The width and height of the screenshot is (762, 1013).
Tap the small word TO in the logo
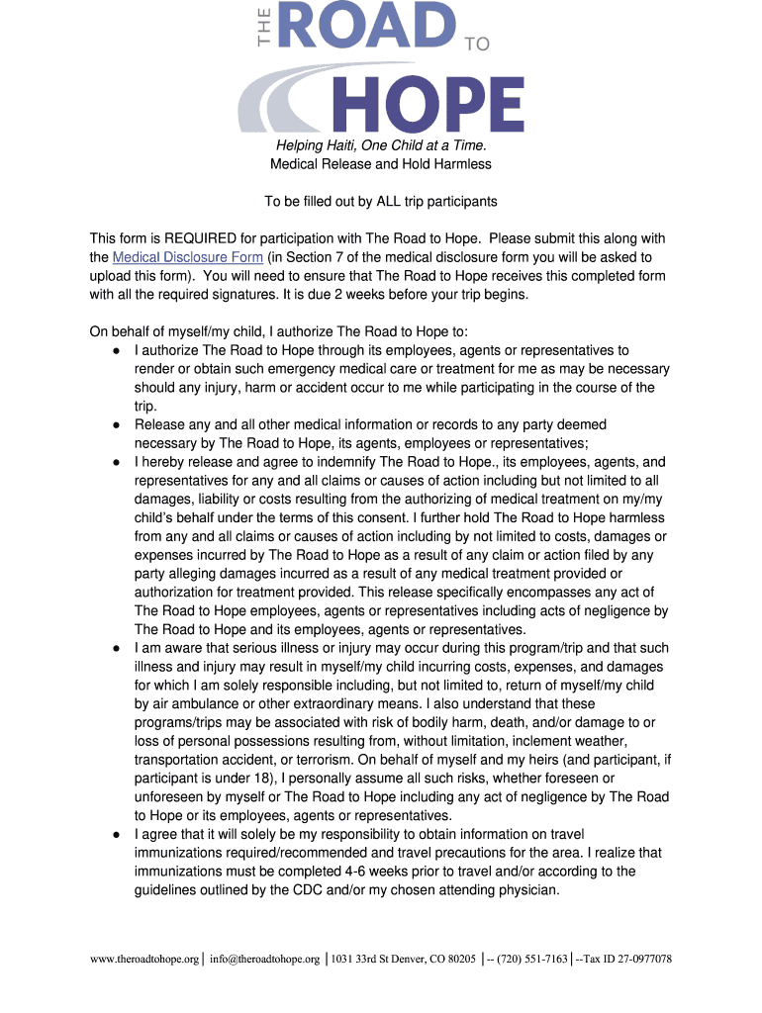[x=477, y=44]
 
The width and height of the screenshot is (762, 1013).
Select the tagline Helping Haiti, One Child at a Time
[x=381, y=145]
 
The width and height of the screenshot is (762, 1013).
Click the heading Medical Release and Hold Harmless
[x=381, y=163]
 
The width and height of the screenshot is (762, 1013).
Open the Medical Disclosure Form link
[x=188, y=257]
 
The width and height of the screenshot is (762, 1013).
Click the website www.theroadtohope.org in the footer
[x=144, y=959]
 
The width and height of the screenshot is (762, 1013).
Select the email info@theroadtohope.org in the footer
[x=264, y=959]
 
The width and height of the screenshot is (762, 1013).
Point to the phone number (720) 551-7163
[x=532, y=959]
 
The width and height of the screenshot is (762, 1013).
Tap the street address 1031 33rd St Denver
[x=388, y=959]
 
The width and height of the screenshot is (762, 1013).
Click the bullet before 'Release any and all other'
[x=116, y=425]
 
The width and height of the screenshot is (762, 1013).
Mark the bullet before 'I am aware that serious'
[x=116, y=649]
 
